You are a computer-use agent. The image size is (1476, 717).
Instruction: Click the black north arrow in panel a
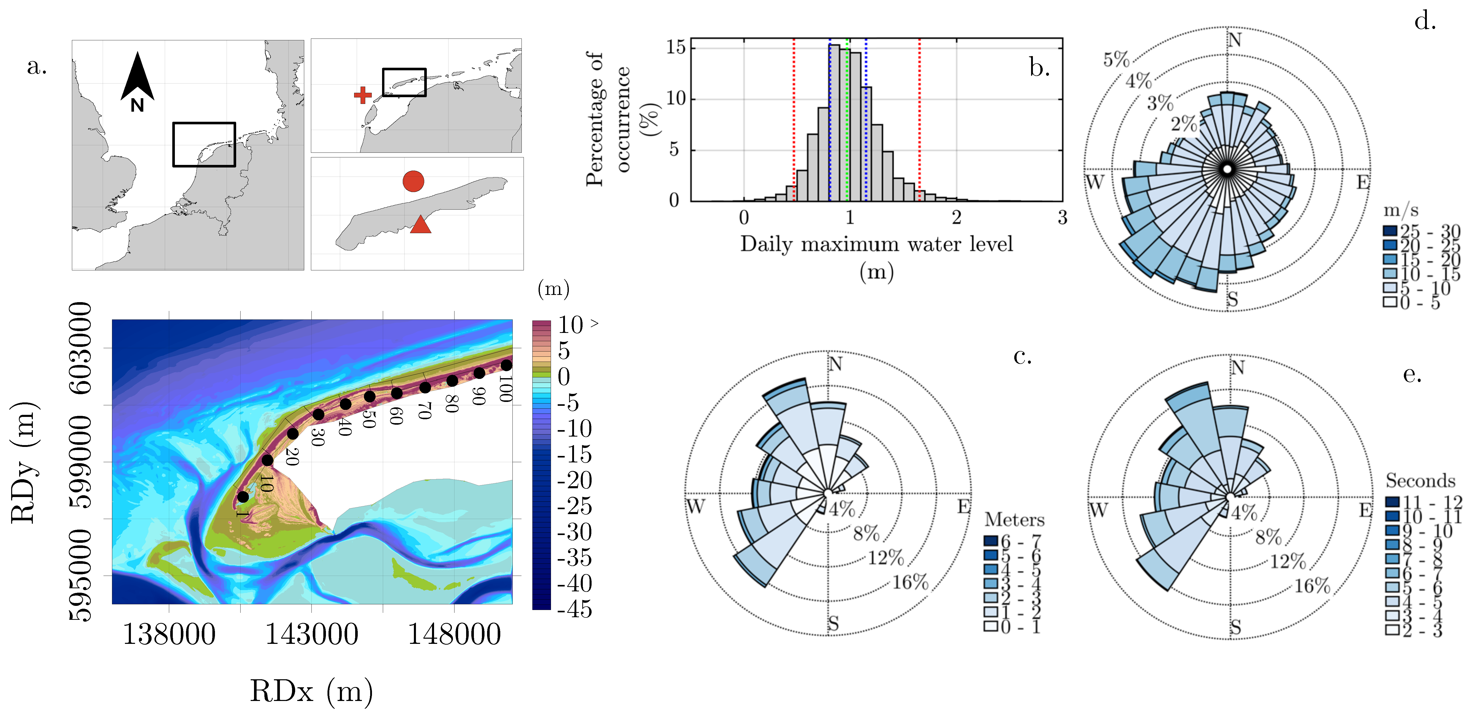138,77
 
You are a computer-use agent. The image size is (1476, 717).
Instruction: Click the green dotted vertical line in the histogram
847,120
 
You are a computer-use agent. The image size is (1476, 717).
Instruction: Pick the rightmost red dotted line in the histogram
920,120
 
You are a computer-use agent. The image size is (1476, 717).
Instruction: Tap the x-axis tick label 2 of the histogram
956,218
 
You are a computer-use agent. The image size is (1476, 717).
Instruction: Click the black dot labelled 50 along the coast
370,396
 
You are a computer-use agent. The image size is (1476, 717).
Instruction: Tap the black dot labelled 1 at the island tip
243,497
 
